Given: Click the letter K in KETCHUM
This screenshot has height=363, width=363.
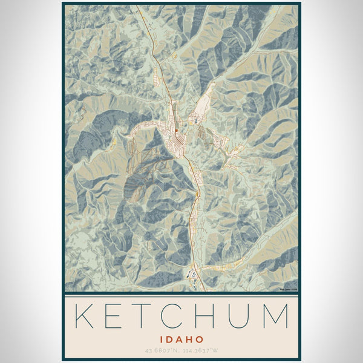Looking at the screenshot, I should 85,316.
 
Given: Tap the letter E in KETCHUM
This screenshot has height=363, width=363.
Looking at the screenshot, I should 120,316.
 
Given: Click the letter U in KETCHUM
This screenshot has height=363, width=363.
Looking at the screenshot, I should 247,316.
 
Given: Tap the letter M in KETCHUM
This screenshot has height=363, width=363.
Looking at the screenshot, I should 278,316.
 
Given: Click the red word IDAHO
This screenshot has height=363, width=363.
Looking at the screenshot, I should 181,339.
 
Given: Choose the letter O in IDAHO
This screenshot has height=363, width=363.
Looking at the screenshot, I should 200,339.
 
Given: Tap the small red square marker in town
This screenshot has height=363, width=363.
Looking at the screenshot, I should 176,129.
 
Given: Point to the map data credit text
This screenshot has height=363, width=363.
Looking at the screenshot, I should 287,289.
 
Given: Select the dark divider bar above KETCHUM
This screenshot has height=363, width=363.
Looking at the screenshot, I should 181,293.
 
